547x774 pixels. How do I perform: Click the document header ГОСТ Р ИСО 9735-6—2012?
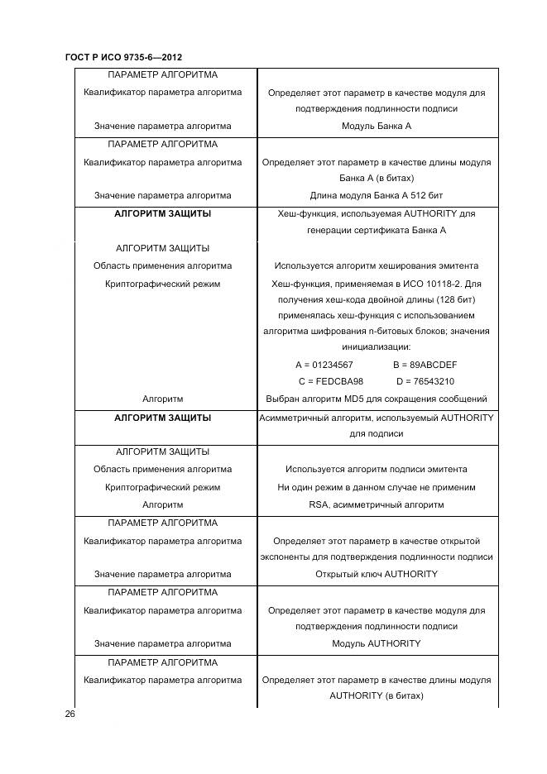click(123, 57)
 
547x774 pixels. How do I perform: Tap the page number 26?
click(70, 713)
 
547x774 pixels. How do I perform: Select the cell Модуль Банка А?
click(376, 127)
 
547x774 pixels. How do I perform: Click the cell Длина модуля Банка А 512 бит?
click(376, 196)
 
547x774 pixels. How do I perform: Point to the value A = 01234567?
click(324, 365)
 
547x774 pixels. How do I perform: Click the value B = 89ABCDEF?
click(425, 365)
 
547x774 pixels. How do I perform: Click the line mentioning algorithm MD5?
click(376, 399)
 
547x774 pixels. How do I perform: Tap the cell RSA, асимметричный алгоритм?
click(376, 504)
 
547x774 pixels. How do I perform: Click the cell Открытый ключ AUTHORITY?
click(376, 574)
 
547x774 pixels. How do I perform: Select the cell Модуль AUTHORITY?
click(376, 643)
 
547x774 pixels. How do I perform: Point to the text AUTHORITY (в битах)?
click(376, 696)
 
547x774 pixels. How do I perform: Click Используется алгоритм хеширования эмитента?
click(376, 266)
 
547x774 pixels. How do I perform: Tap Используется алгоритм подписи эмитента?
click(376, 470)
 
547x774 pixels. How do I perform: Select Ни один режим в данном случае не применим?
click(376, 487)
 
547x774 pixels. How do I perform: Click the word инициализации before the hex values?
click(376, 347)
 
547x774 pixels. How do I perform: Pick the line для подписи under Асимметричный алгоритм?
click(376, 433)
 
